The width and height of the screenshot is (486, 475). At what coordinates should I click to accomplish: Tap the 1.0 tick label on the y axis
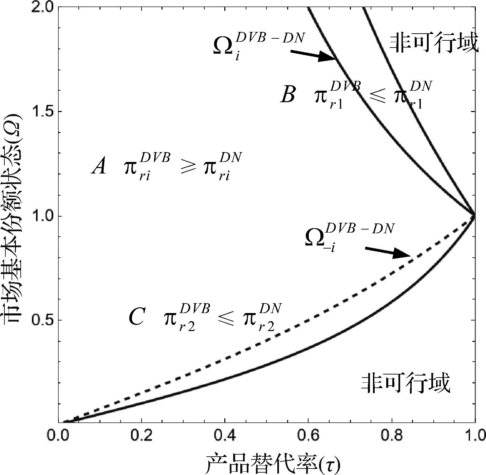click(42, 216)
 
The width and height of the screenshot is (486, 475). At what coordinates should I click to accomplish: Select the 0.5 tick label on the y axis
click(42, 320)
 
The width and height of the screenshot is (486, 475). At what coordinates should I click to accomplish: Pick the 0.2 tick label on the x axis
click(142, 436)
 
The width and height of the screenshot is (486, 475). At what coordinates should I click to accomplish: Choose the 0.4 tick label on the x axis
click(225, 436)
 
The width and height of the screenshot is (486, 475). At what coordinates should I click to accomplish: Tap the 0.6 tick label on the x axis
click(308, 436)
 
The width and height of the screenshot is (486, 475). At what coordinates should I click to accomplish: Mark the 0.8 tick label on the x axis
click(392, 436)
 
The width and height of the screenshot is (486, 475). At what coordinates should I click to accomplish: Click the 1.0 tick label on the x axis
click(474, 436)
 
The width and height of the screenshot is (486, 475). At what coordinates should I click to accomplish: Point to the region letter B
click(288, 95)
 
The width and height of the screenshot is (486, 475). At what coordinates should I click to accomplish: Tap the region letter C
click(137, 317)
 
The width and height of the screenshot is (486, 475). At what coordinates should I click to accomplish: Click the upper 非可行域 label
click(434, 43)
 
